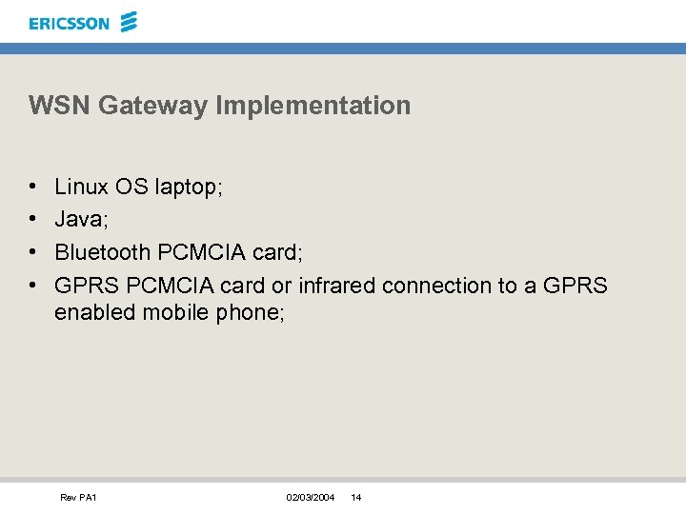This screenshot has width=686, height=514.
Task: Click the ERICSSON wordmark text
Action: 70,23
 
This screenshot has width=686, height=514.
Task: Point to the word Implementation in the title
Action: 313,106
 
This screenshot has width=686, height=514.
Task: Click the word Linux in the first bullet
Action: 82,187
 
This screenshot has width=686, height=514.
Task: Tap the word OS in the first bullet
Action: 132,187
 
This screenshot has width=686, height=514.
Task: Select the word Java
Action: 80,220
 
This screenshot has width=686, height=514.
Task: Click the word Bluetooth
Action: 103,252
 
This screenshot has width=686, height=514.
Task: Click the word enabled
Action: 95,312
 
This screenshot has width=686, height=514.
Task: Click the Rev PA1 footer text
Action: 78,498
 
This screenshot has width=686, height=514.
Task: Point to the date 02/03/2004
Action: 310,498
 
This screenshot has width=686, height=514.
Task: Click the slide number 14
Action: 355,498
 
